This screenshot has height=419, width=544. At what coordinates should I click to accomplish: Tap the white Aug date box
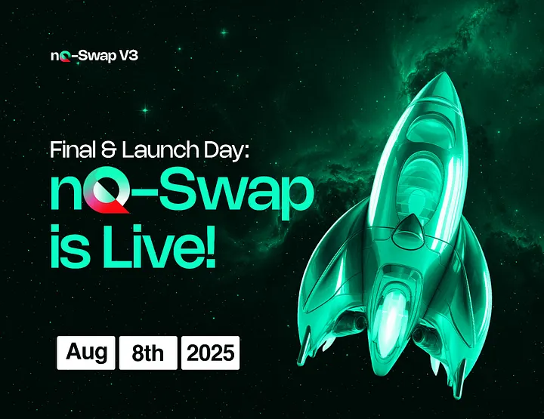click(86, 353)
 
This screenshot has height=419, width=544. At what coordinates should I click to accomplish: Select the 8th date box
click(147, 353)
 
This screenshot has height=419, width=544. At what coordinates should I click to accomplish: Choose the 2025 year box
click(210, 353)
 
